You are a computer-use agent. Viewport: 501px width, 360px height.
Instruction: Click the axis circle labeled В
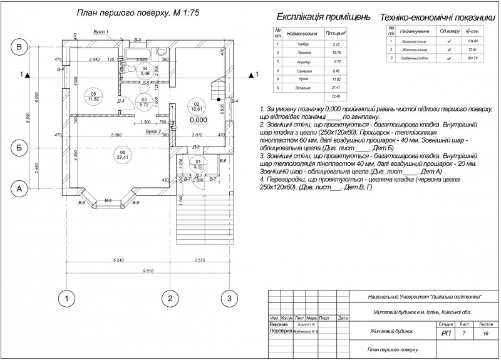pyautogui.click(x=19, y=47)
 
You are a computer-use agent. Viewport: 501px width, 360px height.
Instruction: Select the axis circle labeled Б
pyautogui.click(x=19, y=148)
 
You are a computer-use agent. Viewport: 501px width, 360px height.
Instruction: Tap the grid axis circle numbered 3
pyautogui.click(x=229, y=297)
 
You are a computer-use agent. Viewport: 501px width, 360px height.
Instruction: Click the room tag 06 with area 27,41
pyautogui.click(x=122, y=154)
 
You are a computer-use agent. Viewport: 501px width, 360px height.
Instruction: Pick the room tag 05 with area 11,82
pyautogui.click(x=95, y=95)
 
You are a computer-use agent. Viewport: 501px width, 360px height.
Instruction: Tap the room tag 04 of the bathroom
pyautogui.click(x=145, y=71)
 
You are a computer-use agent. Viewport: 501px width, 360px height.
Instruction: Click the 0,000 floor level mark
pyautogui.click(x=198, y=120)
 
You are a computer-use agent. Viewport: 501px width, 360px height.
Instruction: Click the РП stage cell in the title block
pyautogui.click(x=446, y=334)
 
